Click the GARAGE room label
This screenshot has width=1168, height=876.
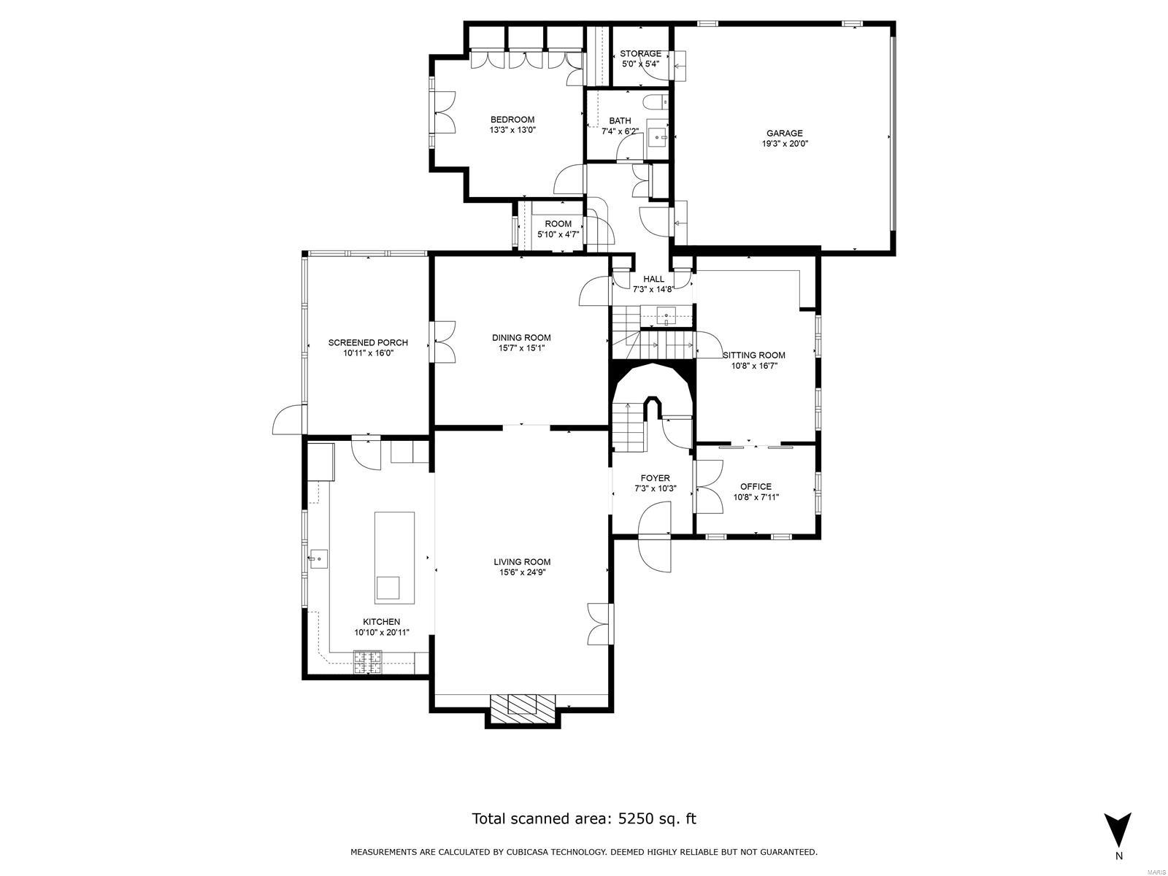pyautogui.click(x=784, y=134)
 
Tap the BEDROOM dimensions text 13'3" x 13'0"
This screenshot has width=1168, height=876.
pyautogui.click(x=512, y=131)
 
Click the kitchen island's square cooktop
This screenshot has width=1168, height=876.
pyautogui.click(x=388, y=588)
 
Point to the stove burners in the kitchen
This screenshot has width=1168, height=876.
pyautogui.click(x=369, y=663)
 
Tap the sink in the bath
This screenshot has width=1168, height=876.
pyautogui.click(x=659, y=137)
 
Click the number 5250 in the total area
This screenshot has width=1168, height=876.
pyautogui.click(x=636, y=818)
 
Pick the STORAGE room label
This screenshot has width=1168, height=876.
pyautogui.click(x=640, y=53)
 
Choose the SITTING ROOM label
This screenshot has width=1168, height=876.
pyautogui.click(x=754, y=356)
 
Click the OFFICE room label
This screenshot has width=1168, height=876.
pyautogui.click(x=756, y=487)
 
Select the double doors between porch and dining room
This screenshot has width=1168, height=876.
pyautogui.click(x=444, y=341)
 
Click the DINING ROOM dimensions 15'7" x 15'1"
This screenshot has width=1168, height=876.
pyautogui.click(x=521, y=348)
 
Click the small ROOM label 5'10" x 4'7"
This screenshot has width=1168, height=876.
pyautogui.click(x=558, y=224)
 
